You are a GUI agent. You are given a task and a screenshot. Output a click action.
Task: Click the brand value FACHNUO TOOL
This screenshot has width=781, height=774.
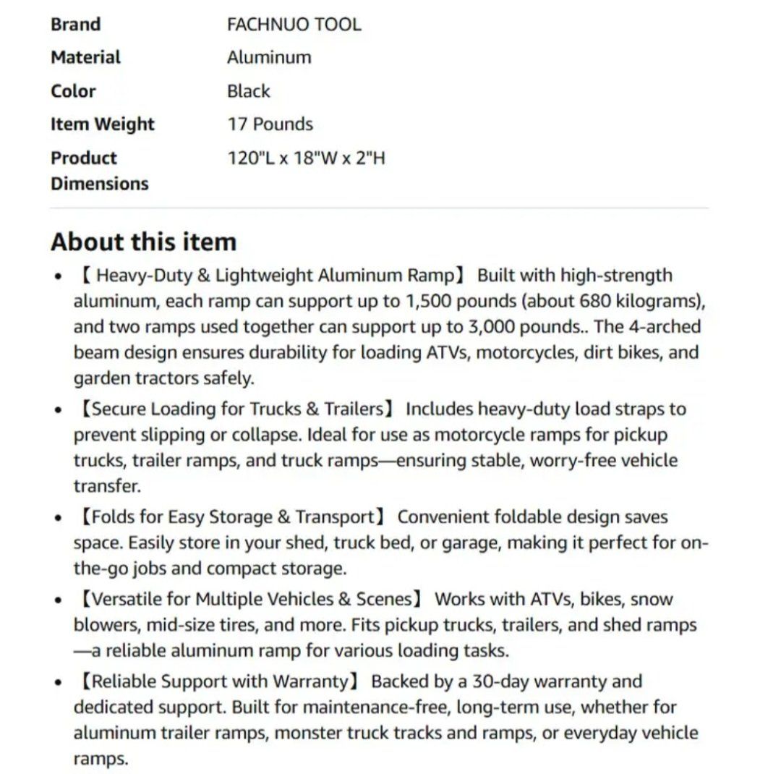[x=294, y=25]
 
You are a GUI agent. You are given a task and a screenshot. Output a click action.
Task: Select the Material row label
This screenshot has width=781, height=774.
[x=85, y=58]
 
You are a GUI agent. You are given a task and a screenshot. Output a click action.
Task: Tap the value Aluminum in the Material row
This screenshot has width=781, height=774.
[x=269, y=58]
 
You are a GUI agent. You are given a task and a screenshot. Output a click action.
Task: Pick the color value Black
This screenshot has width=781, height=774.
[x=248, y=91]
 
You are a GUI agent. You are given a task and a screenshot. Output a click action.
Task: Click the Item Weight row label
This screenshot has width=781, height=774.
[x=102, y=124]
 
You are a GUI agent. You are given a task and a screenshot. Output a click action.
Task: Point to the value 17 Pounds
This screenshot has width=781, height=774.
[x=270, y=124]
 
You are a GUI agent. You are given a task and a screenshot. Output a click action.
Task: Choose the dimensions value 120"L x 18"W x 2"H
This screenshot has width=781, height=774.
[x=306, y=158]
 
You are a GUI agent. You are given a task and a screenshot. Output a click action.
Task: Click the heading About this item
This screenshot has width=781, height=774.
[x=143, y=242]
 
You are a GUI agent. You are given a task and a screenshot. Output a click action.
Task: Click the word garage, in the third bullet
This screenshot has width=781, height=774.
[x=464, y=543]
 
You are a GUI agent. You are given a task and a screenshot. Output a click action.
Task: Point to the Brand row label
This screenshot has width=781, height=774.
[x=75, y=25]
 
